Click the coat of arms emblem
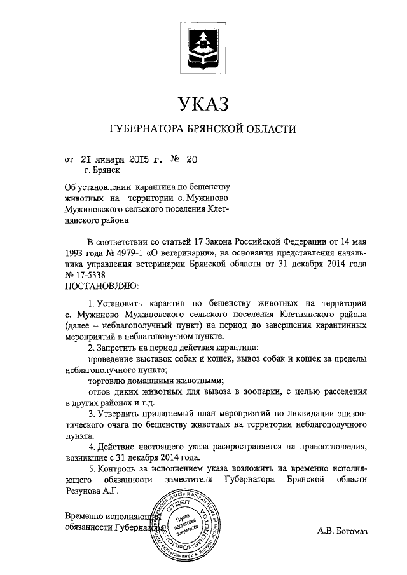[203, 48]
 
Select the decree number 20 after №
[191, 160]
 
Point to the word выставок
[149, 359]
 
